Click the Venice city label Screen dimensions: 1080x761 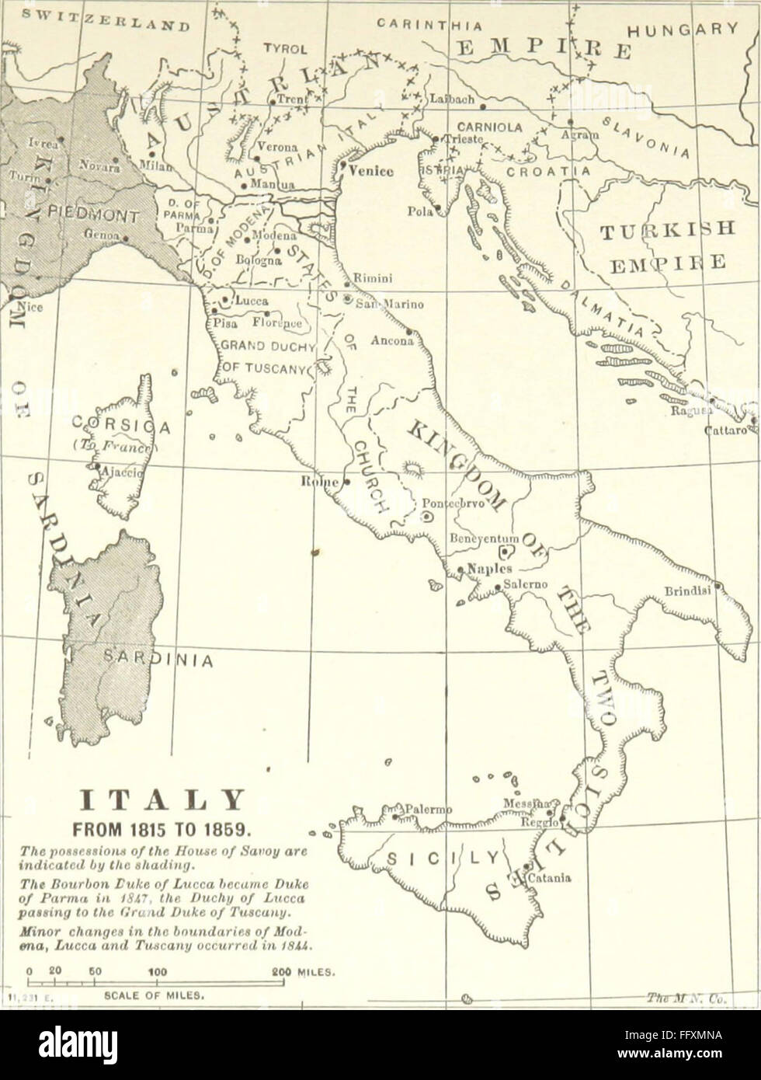[x=372, y=171]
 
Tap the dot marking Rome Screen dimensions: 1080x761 [x=346, y=482]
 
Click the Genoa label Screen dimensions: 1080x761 [x=99, y=233]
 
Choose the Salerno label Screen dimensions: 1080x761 [x=526, y=584]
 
